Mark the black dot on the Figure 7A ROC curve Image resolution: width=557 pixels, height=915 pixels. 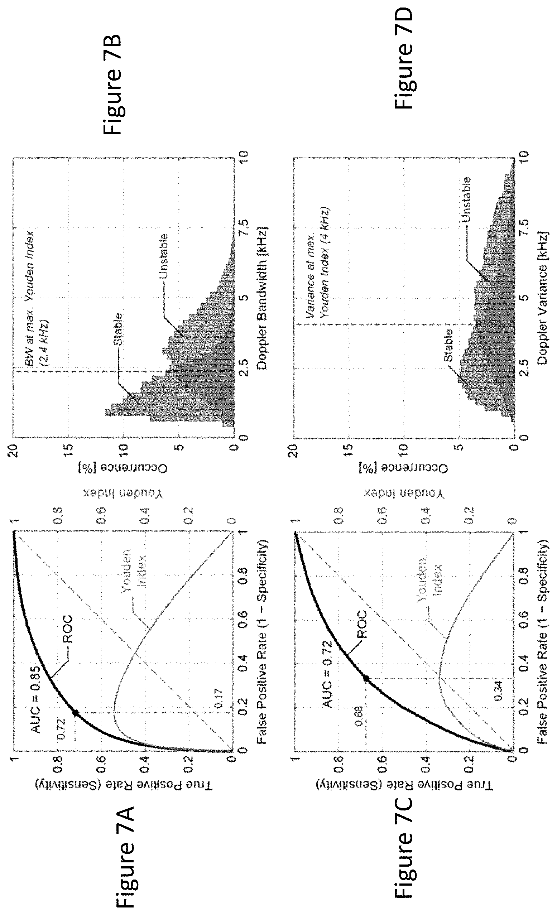tap(75, 713)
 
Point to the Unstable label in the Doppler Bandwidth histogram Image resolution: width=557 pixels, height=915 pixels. tap(163, 256)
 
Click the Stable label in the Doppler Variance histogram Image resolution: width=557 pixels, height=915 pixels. tap(448, 345)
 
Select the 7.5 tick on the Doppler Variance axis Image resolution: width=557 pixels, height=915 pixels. tap(524, 228)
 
